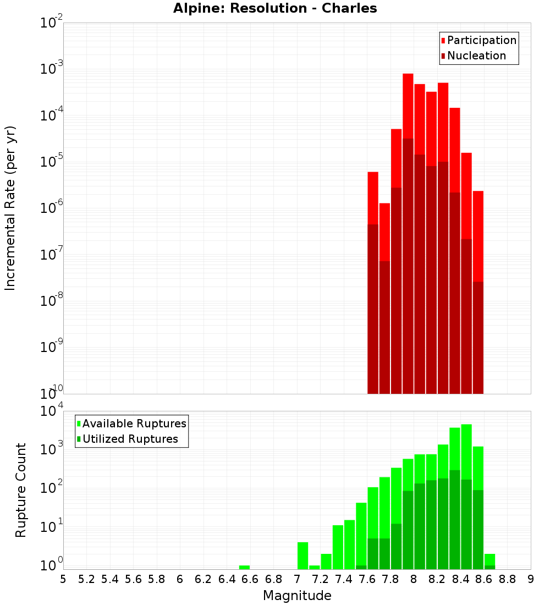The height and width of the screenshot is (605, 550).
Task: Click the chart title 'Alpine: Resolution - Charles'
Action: [275, 8]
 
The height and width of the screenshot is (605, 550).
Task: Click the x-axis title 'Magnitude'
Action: [297, 596]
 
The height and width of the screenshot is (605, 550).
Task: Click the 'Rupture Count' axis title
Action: [21, 490]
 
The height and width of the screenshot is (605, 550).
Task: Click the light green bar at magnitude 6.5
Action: [244, 567]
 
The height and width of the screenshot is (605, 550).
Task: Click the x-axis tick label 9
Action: [531, 579]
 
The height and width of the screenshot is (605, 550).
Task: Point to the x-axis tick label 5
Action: [63, 579]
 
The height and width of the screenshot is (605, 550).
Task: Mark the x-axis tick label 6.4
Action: [227, 579]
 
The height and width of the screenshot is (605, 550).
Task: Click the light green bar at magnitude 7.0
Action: [302, 555]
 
